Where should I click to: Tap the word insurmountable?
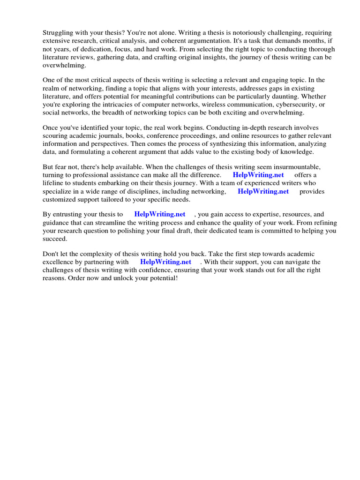[x=290, y=167]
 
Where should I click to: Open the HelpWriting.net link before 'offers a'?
[x=258, y=175]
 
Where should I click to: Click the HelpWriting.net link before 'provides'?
[x=263, y=191]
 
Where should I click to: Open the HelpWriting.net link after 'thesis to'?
[x=160, y=215]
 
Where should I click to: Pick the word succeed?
[x=55, y=238]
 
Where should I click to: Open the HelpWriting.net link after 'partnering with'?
[x=165, y=262]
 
